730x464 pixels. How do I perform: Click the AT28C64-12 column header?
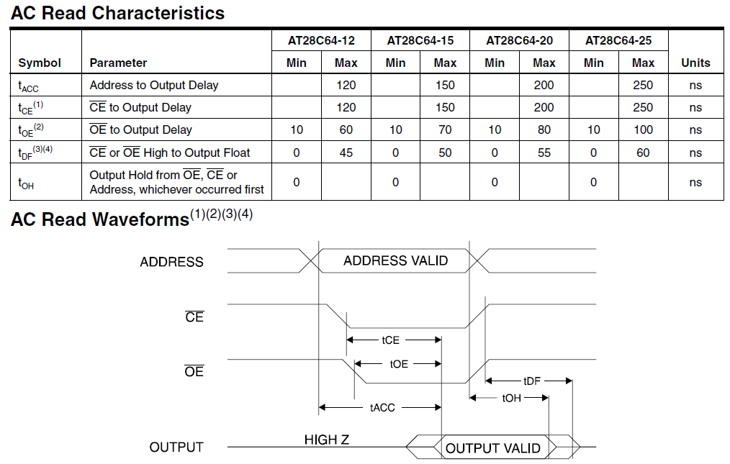pos(321,40)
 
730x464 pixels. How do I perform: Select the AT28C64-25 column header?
pos(618,40)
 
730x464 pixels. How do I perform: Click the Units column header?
pos(695,63)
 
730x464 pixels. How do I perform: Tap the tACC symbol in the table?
pos(28,86)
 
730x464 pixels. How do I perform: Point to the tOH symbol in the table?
pos(26,183)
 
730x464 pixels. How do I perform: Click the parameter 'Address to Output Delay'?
pos(153,85)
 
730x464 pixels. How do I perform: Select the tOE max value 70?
pos(445,129)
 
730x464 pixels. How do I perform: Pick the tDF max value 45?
pos(346,153)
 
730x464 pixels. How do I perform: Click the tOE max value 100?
pos(643,129)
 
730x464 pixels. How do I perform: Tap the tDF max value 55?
pos(544,153)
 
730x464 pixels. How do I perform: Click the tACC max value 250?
pos(643,85)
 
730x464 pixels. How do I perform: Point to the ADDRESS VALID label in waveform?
pos(396,260)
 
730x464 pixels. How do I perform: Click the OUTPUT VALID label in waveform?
pos(493,448)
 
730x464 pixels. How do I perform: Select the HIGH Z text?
pos(327,440)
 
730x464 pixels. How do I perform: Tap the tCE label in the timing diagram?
pos(391,340)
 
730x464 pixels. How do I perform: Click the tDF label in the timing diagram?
pos(532,381)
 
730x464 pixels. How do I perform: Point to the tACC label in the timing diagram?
pos(382,408)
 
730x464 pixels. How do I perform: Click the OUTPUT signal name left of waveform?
pos(176,447)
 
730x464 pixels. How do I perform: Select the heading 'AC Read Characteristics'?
pos(118,13)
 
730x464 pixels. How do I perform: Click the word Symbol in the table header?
pos(40,63)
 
